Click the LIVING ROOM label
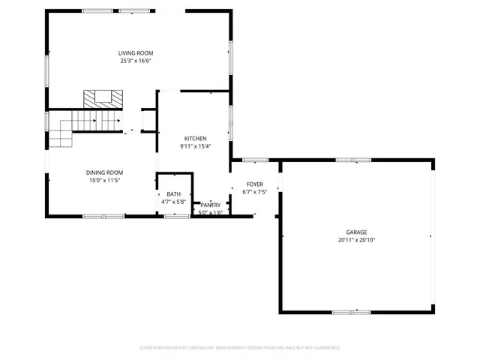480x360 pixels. [x=136, y=52]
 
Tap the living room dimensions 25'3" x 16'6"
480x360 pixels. [x=136, y=61]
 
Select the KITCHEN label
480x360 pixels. [x=196, y=139]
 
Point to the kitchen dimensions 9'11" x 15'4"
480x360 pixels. [x=196, y=147]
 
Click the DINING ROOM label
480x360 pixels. [x=104, y=172]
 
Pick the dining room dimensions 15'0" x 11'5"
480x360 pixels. [x=104, y=181]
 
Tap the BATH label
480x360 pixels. [x=173, y=194]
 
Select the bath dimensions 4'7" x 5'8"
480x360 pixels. [x=173, y=202]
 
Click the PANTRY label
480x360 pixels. [x=211, y=205]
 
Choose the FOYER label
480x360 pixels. [x=255, y=184]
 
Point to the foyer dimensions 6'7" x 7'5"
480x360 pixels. [x=255, y=192]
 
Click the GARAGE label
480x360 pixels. [x=356, y=232]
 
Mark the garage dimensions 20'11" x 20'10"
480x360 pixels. [x=356, y=241]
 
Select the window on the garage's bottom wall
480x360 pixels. [x=352, y=312]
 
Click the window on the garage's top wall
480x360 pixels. [x=353, y=160]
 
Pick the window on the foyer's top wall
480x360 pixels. [x=256, y=160]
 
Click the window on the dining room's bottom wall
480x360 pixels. [x=103, y=216]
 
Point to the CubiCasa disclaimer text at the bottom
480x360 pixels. [x=240, y=348]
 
